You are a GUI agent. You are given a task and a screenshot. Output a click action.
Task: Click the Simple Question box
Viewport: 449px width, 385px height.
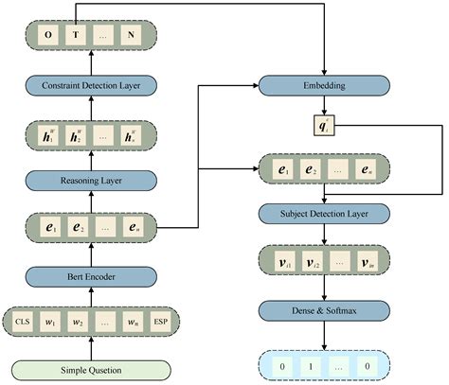(x=92, y=368)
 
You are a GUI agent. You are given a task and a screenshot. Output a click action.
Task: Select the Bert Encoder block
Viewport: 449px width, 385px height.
(x=92, y=275)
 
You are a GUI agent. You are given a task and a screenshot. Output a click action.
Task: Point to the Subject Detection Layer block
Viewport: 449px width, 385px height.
(x=325, y=215)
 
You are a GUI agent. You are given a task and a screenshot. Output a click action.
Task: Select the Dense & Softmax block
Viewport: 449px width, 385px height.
(x=325, y=308)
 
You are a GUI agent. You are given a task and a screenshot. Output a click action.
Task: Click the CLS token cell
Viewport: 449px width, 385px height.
(x=24, y=323)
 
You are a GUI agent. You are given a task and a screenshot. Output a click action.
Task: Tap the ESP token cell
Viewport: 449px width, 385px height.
(x=161, y=323)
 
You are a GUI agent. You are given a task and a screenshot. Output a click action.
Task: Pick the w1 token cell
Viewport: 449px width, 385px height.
(x=57, y=323)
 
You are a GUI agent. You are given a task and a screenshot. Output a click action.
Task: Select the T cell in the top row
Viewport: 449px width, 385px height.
(x=78, y=36)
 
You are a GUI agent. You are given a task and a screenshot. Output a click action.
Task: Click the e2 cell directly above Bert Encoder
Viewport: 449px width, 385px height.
(x=78, y=227)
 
